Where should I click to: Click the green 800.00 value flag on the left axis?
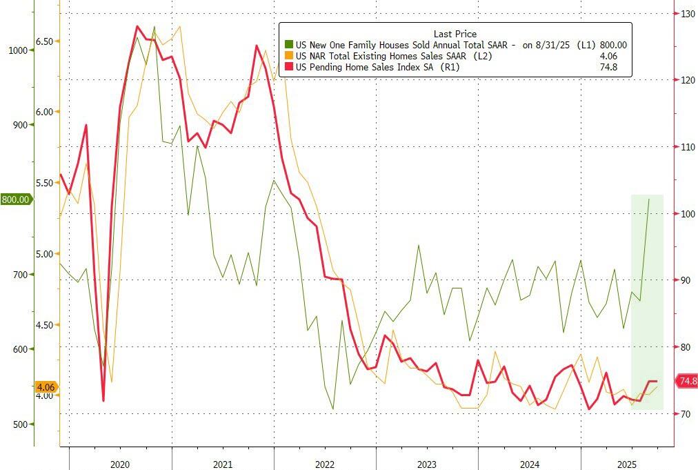click(x=15, y=199)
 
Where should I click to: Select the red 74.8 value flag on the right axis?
click(x=688, y=381)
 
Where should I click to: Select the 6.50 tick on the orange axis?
click(x=44, y=41)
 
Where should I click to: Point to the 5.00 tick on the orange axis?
click(x=44, y=254)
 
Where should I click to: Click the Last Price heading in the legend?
click(x=455, y=34)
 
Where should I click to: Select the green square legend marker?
click(x=288, y=45)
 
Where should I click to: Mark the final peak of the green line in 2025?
click(x=648, y=199)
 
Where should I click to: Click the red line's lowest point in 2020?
click(x=103, y=400)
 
